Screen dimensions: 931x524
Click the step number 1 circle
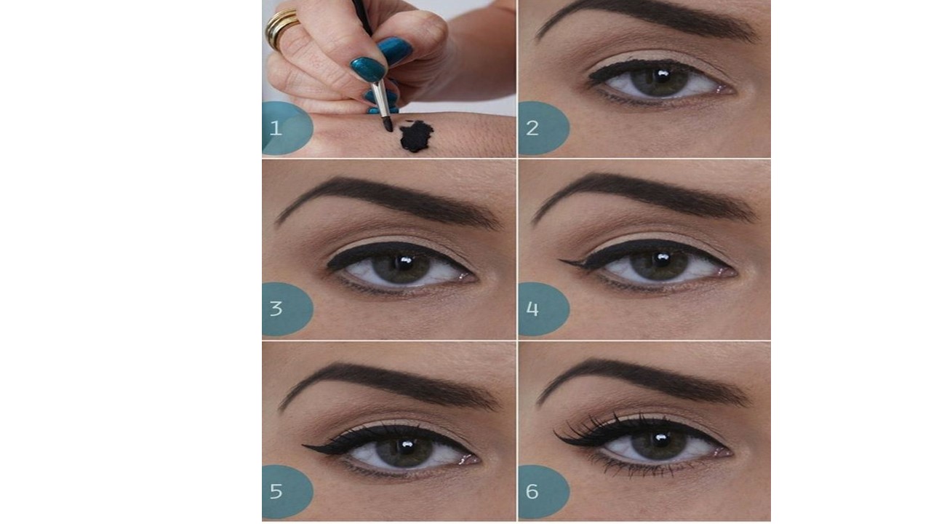coord(287,128)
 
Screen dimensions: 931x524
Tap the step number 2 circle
coord(544,128)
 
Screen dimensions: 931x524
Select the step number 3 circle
coord(287,309)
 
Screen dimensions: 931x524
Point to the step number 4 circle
coord(544,309)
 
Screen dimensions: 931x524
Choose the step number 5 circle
coord(287,491)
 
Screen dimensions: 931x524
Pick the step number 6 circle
coord(544,491)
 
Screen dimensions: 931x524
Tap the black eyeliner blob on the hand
coord(416,136)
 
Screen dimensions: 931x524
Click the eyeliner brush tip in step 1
coord(388,124)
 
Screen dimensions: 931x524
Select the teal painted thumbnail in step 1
coord(369,69)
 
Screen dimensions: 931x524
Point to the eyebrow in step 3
coord(388,202)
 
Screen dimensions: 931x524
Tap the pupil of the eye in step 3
coord(403,265)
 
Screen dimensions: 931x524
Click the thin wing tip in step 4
coord(560,261)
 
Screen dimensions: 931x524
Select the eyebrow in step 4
coord(645,196)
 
